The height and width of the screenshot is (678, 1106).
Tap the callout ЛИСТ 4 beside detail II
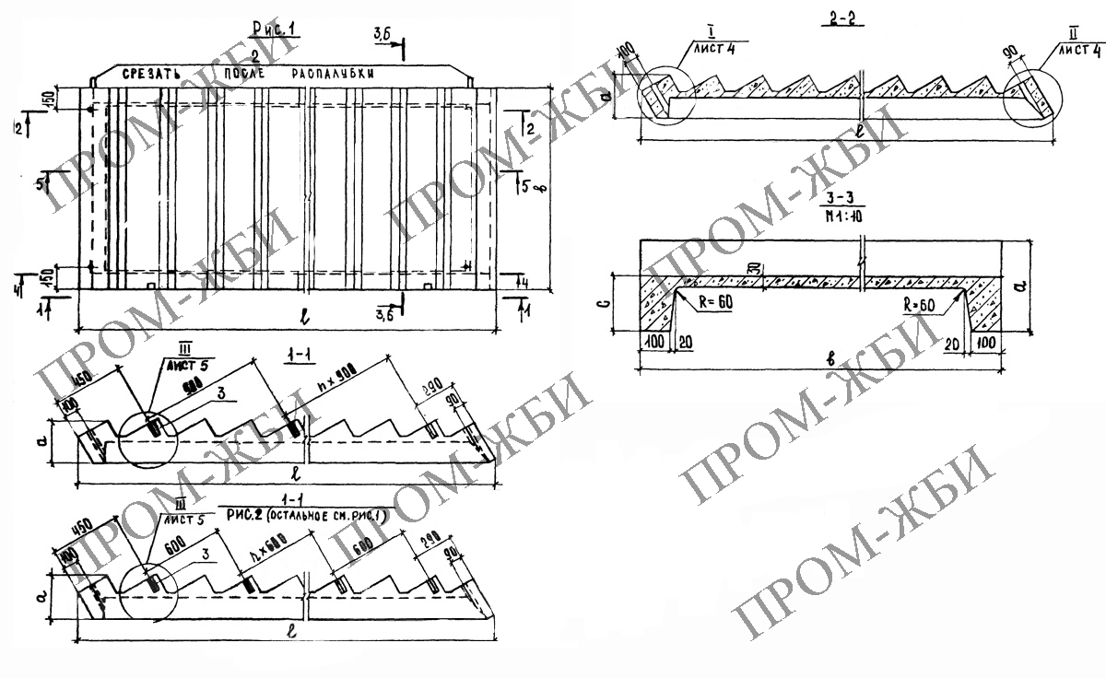[x=1080, y=52]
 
